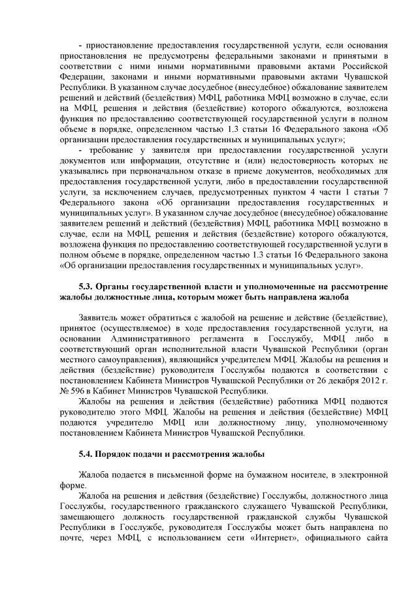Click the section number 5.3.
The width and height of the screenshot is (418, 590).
click(86, 287)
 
